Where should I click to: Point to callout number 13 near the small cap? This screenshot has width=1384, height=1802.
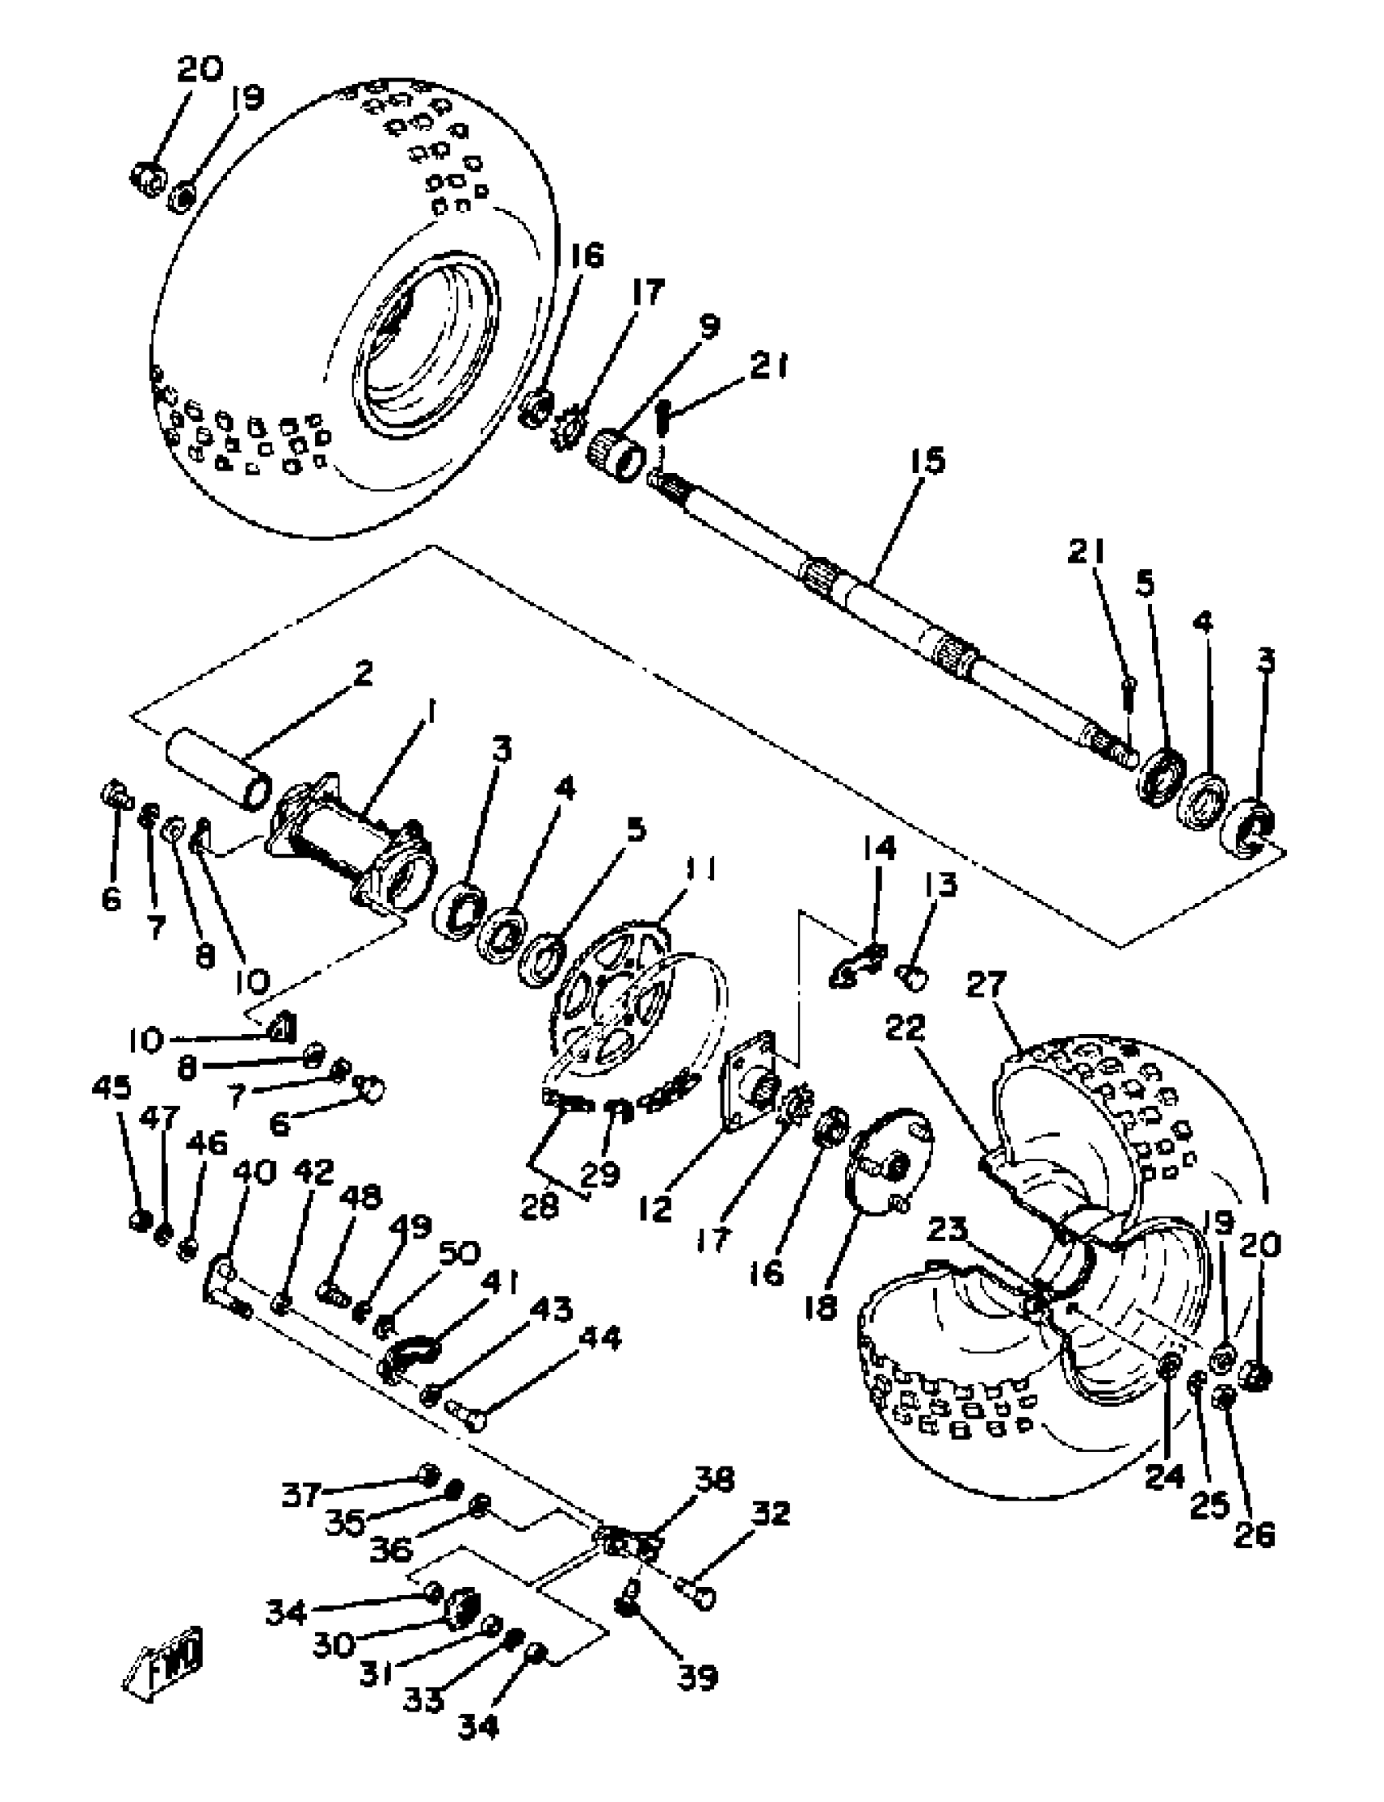coord(940,885)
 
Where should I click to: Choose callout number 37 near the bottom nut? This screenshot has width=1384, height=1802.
coord(301,1493)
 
